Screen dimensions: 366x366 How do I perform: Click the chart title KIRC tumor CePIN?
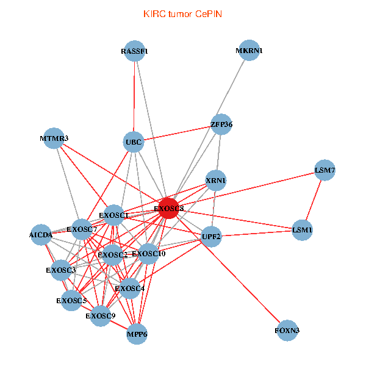182,13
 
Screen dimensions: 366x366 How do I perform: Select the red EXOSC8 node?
169,208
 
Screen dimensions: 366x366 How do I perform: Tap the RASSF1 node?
134,52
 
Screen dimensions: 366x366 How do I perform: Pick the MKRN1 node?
249,51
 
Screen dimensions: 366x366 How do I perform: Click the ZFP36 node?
221,124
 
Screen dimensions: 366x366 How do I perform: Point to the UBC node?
134,143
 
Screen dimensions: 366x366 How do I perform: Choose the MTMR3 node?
54,138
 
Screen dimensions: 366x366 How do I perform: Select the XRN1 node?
215,181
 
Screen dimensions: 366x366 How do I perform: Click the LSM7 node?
325,171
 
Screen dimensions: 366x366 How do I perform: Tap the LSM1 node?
303,230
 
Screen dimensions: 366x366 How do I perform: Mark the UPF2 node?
211,237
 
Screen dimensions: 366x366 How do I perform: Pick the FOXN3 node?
287,331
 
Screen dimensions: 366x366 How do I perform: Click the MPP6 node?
137,334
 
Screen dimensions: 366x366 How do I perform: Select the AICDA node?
41,235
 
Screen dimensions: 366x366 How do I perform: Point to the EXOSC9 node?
101,315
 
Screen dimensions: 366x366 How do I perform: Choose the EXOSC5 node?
72,300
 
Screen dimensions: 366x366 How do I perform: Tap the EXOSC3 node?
61,270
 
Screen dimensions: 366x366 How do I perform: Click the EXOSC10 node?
149,253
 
